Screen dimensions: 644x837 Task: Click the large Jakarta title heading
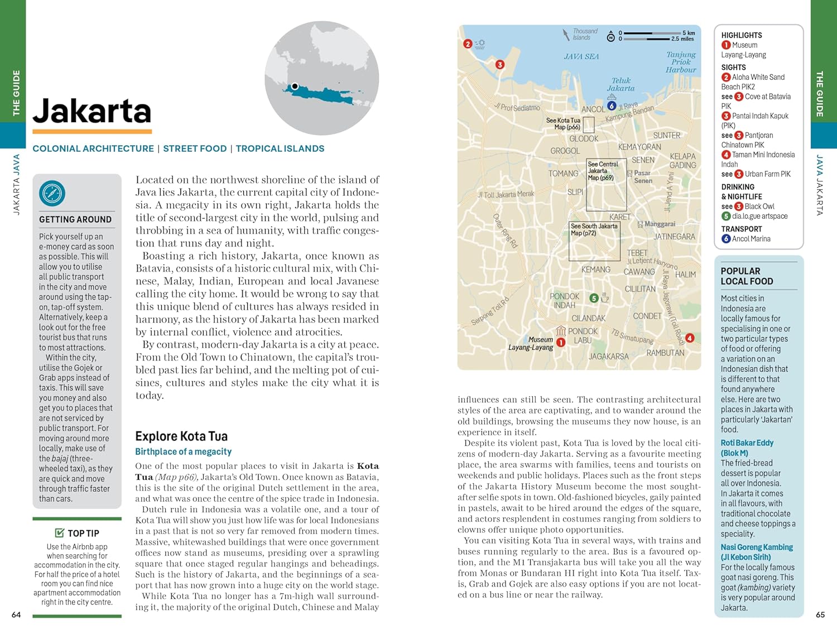(x=92, y=111)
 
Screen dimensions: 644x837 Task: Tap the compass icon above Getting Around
(x=52, y=194)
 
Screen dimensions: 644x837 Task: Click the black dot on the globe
(x=295, y=86)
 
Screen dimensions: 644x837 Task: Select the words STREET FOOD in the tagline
(x=195, y=148)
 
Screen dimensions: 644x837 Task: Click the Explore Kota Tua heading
(x=181, y=436)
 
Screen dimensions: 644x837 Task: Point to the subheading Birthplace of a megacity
(x=183, y=451)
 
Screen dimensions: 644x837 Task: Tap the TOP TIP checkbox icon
(x=60, y=533)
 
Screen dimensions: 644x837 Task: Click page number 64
(x=16, y=614)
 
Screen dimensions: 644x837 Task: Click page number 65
(x=820, y=614)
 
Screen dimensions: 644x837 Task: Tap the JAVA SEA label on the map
(x=581, y=56)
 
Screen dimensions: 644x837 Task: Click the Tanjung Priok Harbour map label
(x=681, y=62)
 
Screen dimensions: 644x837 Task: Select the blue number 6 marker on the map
(x=612, y=105)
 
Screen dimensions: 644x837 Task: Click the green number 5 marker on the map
(x=594, y=298)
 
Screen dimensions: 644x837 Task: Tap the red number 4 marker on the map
(x=690, y=338)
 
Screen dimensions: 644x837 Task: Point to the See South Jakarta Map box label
(x=594, y=229)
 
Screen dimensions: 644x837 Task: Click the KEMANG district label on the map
(x=596, y=270)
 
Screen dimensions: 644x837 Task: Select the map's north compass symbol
(x=610, y=36)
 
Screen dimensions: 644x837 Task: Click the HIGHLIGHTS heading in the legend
(x=741, y=35)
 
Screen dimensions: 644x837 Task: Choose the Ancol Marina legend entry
(x=751, y=239)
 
